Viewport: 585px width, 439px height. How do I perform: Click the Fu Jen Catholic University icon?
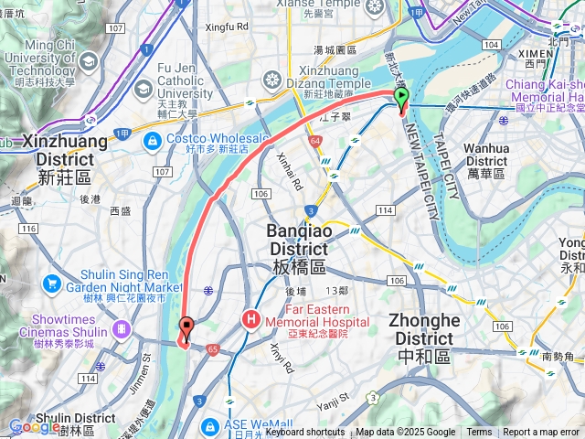pos(143,89)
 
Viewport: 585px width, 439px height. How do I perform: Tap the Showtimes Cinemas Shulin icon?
pos(121,328)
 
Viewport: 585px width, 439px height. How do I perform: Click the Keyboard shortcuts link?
pos(305,433)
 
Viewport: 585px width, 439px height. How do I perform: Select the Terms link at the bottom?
pos(479,433)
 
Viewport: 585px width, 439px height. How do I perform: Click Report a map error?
pos(542,433)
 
